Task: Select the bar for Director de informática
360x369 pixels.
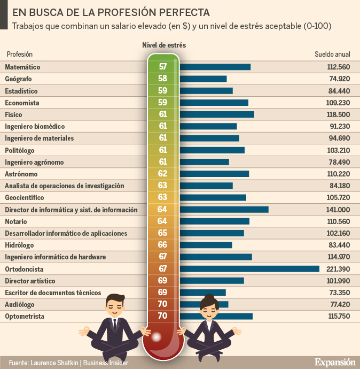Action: coord(224,210)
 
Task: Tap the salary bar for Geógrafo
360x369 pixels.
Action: coord(204,79)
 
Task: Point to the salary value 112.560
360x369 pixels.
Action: coord(338,67)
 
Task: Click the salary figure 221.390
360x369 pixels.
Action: coord(338,268)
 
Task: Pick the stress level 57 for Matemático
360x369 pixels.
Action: coord(163,67)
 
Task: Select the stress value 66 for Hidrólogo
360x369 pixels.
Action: coord(163,245)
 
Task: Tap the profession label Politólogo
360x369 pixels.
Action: coord(20,150)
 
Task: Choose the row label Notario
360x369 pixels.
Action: coord(15,221)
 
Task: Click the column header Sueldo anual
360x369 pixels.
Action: coord(332,55)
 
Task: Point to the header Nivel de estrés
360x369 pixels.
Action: coord(164,45)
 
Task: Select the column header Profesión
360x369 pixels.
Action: coord(20,55)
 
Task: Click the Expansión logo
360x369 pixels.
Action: coord(334,362)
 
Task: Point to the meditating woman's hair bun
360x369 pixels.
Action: coord(209,297)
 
